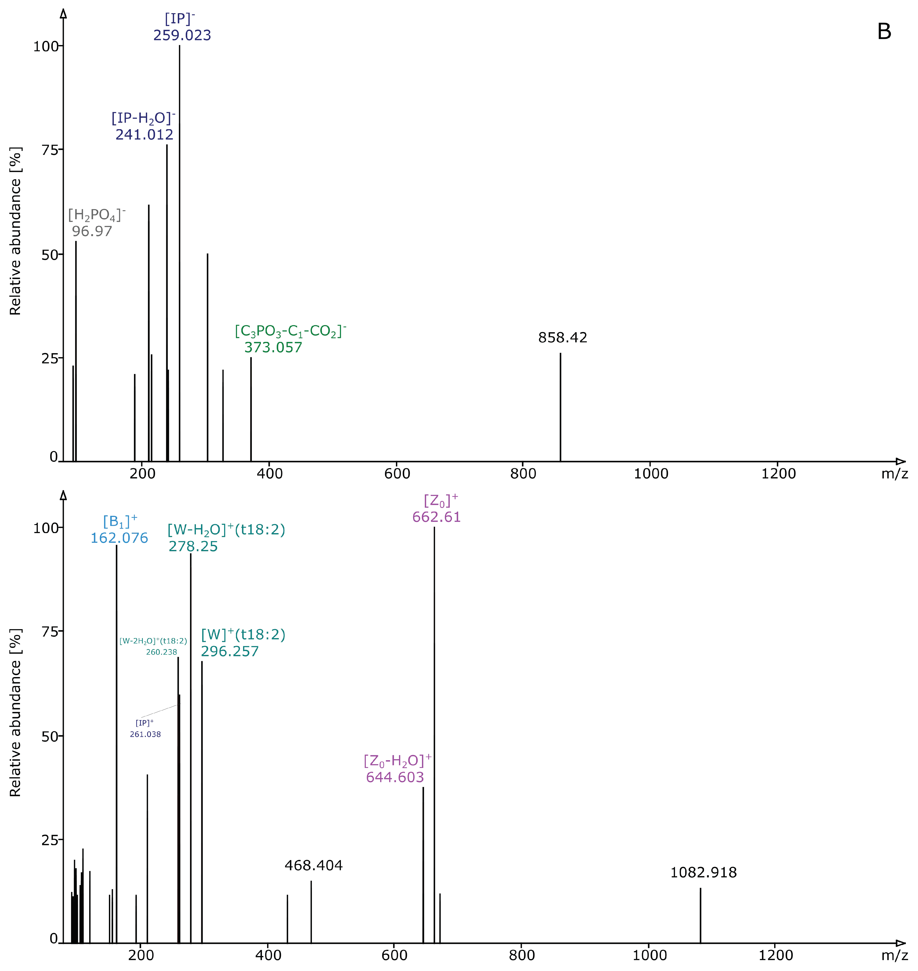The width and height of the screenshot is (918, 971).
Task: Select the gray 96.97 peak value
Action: click(x=92, y=231)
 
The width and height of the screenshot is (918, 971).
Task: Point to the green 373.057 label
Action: click(x=273, y=348)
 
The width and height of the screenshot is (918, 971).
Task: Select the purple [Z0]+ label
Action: click(x=441, y=501)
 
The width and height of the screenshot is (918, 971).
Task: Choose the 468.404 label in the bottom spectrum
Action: click(x=314, y=865)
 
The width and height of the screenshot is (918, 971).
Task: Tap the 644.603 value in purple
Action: click(x=395, y=777)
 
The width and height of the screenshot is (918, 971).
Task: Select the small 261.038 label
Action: click(x=145, y=734)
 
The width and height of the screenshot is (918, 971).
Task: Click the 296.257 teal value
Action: click(x=229, y=651)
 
